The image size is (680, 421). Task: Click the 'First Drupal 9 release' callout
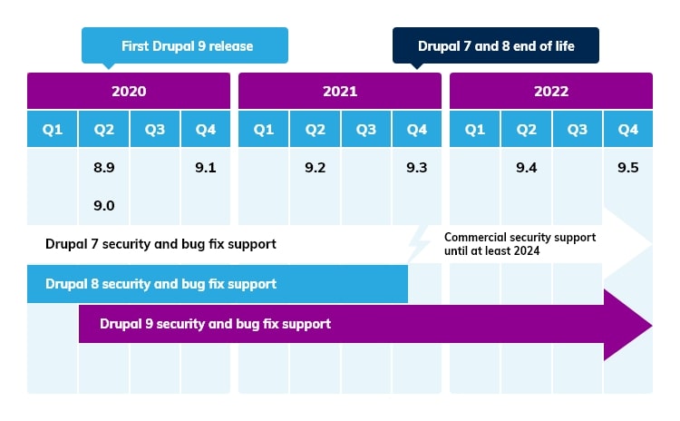coord(185,45)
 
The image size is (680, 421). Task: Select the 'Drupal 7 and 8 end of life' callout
coord(495,45)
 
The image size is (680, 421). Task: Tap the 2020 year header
coord(129,92)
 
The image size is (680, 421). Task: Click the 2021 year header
coord(340,92)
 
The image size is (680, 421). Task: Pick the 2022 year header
coord(551,92)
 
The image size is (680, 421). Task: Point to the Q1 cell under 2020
coord(53,130)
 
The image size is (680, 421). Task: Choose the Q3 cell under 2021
coord(365,130)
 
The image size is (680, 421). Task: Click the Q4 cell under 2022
coord(627,130)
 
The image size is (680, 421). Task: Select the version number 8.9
coord(103,168)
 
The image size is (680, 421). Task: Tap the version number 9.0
coord(103,206)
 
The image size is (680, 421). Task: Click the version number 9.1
coord(205,168)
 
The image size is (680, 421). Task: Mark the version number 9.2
coord(315,168)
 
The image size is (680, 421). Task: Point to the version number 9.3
coord(416,168)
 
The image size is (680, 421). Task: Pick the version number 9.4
coord(526,168)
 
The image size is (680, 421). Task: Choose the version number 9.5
coord(627,168)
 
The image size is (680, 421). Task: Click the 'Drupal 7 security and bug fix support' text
coord(160,244)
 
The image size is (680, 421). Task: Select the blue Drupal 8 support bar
coord(218,284)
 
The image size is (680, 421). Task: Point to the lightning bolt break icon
coord(419,244)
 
